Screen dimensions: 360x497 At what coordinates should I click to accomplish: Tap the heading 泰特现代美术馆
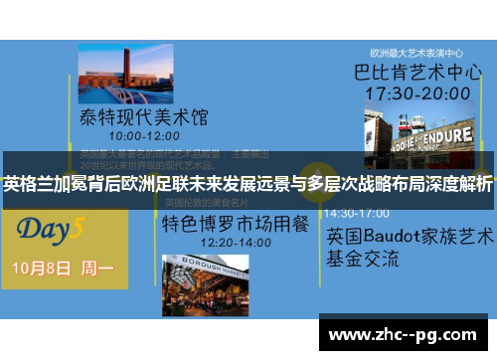[144, 116]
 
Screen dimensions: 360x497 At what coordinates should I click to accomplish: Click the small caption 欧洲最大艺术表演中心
[417, 53]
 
